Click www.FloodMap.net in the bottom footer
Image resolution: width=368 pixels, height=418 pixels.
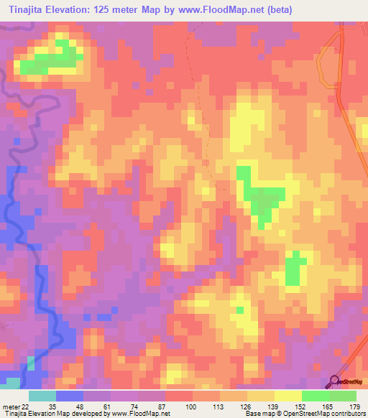[x=140, y=414]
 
